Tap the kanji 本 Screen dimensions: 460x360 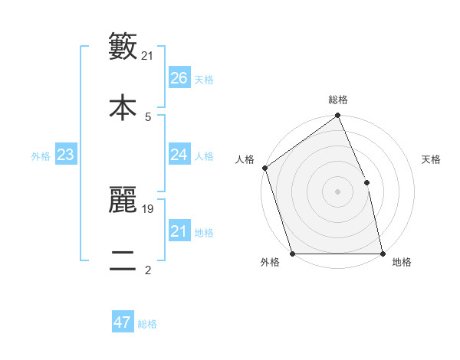click(123, 106)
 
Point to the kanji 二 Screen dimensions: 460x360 click(123, 259)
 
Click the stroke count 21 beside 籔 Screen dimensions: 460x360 click(148, 55)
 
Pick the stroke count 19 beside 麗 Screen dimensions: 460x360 click(148, 208)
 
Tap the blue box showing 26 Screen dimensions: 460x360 click(179, 78)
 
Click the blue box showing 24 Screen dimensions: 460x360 click(179, 155)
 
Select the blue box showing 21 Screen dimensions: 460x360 click(179, 231)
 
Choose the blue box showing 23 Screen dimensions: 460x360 click(65, 155)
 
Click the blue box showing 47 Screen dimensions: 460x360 click(122, 322)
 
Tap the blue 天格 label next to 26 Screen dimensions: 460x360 click(204, 79)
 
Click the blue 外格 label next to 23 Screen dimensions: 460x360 click(41, 155)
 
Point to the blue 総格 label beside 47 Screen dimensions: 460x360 click(147, 323)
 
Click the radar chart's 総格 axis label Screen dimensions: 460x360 click(338, 100)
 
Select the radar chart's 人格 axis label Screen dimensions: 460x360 click(245, 159)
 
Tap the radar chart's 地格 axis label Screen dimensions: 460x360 click(402, 262)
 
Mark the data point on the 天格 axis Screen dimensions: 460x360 click(366, 182)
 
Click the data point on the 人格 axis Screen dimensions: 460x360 click(264, 168)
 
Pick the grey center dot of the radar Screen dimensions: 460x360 click(337, 191)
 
